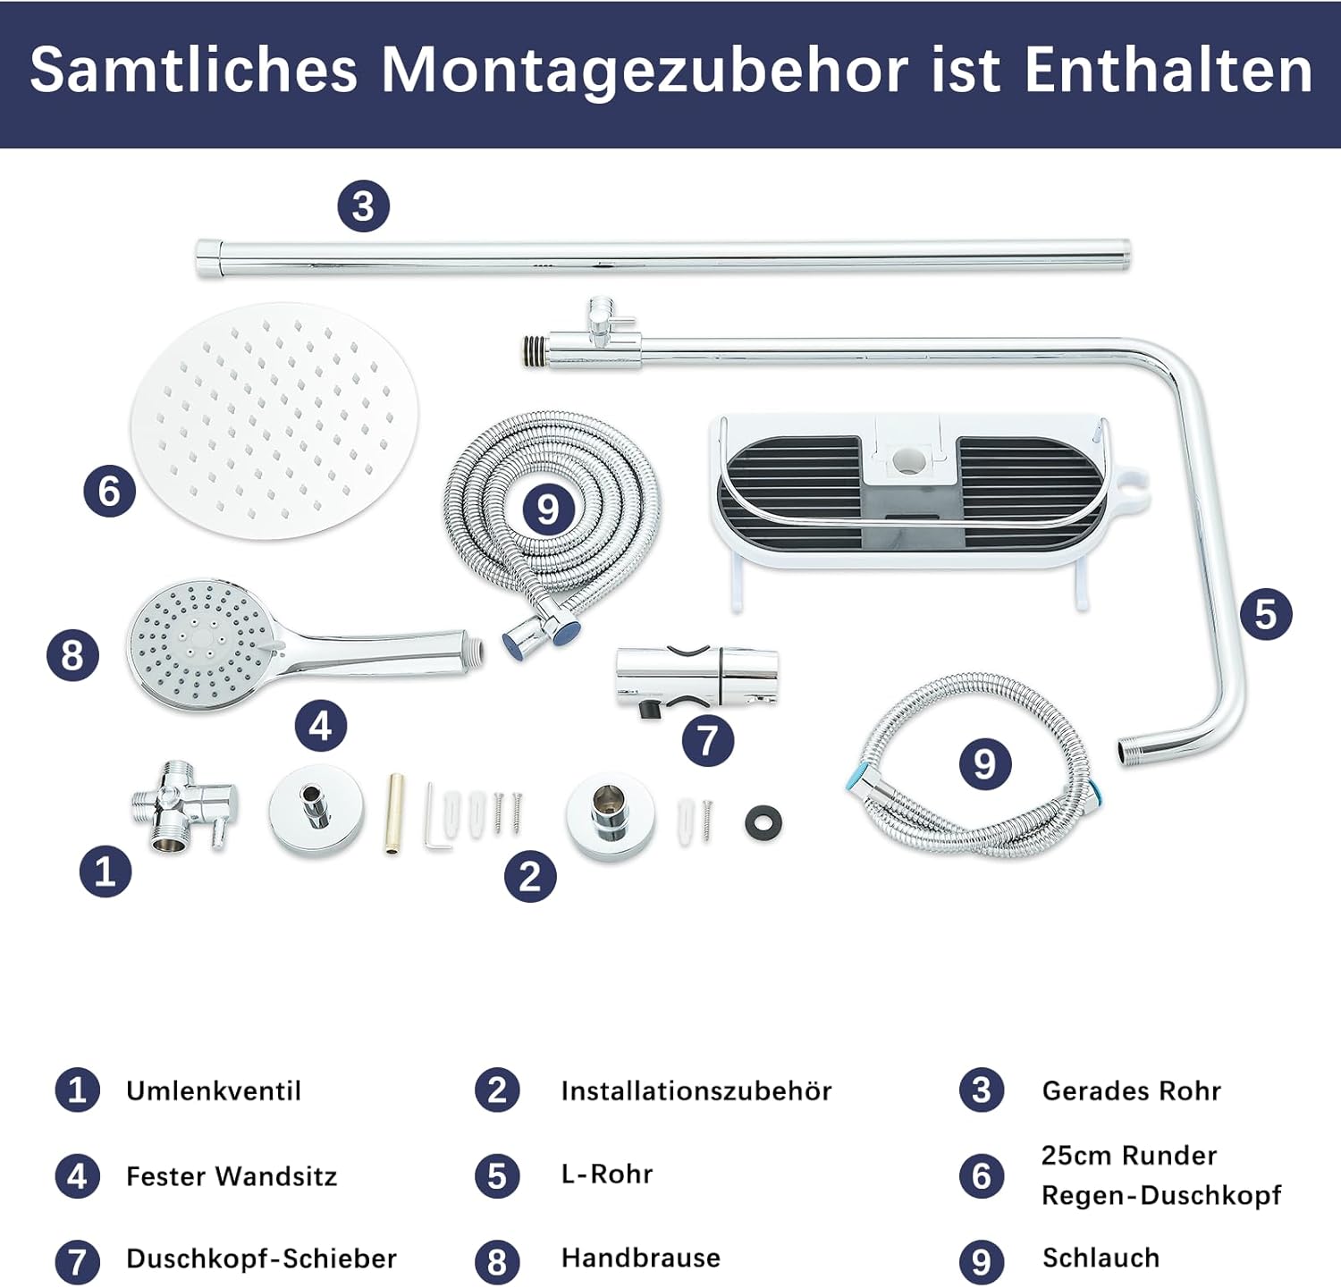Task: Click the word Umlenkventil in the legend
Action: point(214,1090)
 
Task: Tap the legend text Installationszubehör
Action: point(696,1090)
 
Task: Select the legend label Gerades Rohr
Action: point(1131,1090)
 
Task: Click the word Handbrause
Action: point(640,1258)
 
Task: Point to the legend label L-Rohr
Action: point(607,1174)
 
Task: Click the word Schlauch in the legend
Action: point(1101,1258)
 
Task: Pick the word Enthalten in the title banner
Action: point(1168,69)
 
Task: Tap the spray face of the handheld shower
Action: point(201,644)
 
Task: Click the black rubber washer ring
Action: point(763,823)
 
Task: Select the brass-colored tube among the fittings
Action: point(394,813)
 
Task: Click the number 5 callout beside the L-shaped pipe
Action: point(1266,614)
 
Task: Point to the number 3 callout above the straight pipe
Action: point(363,206)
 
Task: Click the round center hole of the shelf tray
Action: point(908,460)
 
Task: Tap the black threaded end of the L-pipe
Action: point(535,350)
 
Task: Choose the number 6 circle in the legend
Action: point(981,1175)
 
